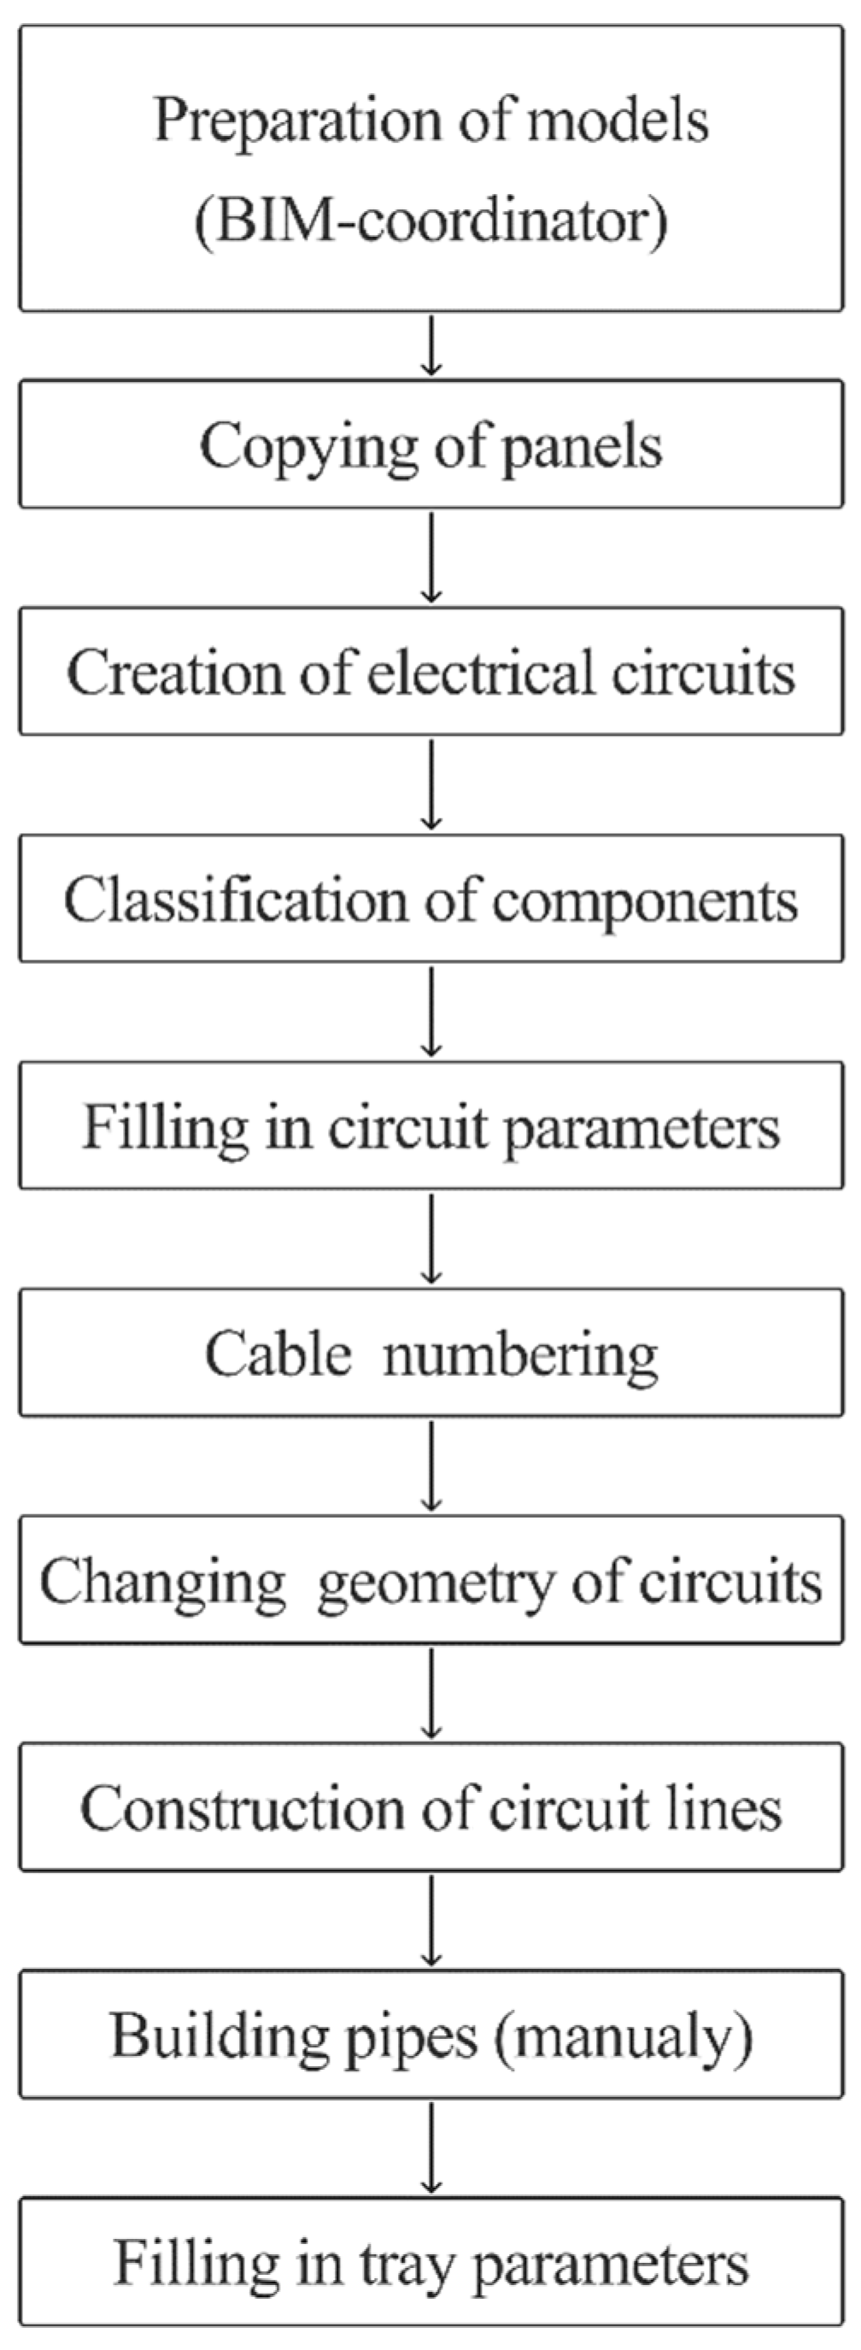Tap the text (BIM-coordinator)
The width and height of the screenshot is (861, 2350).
point(430,221)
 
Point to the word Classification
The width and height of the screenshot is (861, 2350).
point(235,901)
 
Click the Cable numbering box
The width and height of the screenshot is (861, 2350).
point(430,1353)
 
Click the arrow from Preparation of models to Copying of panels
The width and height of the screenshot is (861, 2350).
point(431,345)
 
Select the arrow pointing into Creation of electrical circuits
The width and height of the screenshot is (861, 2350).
point(431,556)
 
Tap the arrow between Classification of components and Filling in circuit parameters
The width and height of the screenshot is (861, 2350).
point(431,1011)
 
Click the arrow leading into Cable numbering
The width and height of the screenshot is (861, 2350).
point(431,1238)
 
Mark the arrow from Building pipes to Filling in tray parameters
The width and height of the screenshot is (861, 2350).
point(431,2147)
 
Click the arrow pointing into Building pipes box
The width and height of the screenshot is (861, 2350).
point(431,1920)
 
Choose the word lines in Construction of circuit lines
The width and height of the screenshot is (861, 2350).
point(729,1807)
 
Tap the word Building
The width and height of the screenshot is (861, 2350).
point(219,2036)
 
